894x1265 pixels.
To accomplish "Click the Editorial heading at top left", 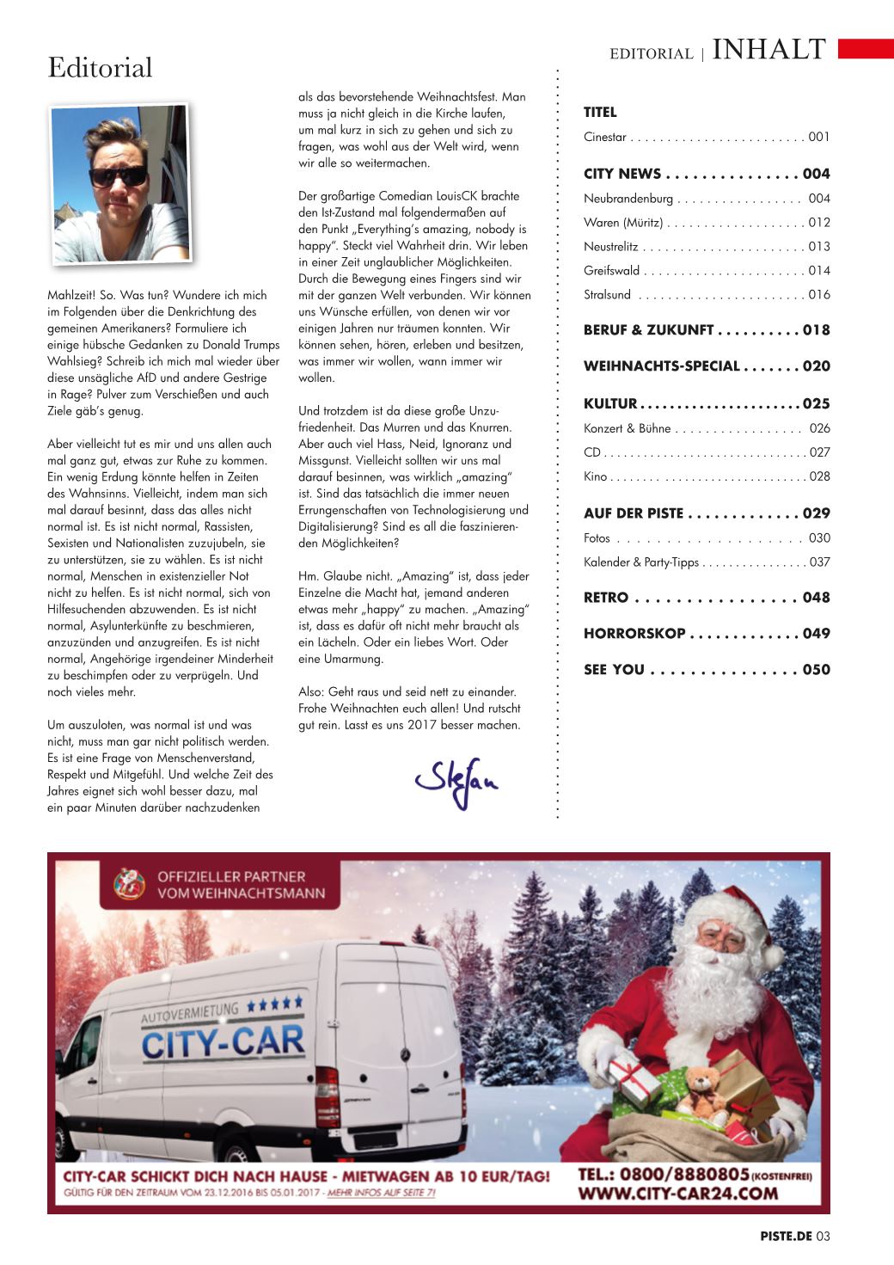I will pos(100,67).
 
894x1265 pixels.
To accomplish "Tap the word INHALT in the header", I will pos(769,50).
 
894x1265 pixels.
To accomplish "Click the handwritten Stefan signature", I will pos(456,780).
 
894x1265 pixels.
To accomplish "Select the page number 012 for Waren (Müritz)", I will pos(819,223).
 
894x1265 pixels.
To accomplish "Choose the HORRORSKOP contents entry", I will pos(634,634).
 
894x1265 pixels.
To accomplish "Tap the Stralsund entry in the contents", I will pos(607,295).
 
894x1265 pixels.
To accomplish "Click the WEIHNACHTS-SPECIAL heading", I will pos(661,366).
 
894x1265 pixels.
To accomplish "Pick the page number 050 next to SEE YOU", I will pos(817,670).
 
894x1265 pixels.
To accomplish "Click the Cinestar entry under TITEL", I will pos(604,138).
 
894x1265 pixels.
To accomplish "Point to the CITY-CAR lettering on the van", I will pos(223,1043).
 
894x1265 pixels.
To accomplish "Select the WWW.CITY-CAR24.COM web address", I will pos(678,1193).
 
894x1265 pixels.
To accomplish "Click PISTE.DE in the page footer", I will pos(786,1237).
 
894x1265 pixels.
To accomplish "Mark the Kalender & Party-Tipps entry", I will pos(640,562).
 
